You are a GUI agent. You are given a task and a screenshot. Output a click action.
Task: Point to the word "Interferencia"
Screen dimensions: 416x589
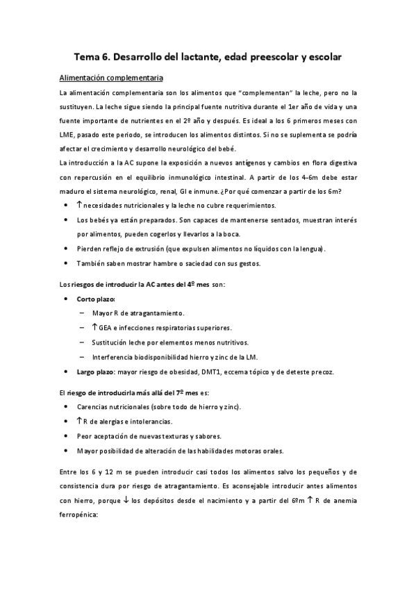113,356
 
